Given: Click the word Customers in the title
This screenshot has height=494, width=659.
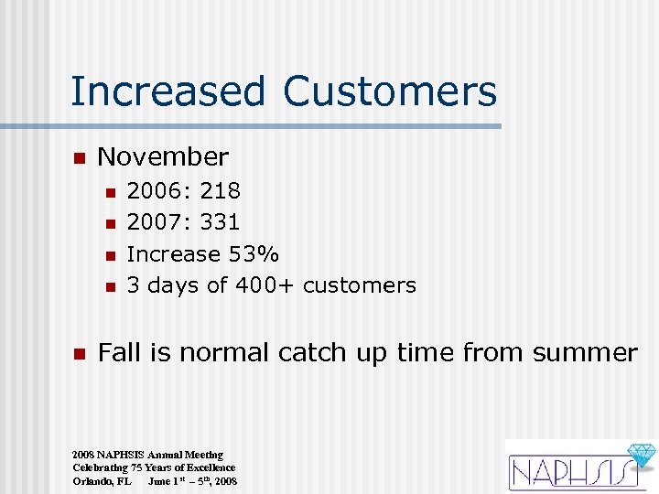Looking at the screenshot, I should [x=390, y=92].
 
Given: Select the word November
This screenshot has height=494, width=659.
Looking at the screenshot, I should [x=163, y=157].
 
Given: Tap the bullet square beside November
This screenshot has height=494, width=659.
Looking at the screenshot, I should [x=79, y=158].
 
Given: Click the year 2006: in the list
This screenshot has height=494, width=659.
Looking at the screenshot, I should [x=158, y=191].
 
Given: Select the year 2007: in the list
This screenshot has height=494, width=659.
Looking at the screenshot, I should [x=158, y=222].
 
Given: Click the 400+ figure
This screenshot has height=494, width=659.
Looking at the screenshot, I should [x=265, y=285].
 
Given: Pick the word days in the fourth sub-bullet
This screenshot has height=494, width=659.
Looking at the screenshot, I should [x=173, y=285].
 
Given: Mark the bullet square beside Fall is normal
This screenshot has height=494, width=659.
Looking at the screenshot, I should [x=79, y=354].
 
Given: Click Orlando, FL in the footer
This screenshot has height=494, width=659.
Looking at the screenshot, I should [x=102, y=480].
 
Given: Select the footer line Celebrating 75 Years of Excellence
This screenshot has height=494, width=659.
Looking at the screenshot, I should [x=154, y=467].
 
